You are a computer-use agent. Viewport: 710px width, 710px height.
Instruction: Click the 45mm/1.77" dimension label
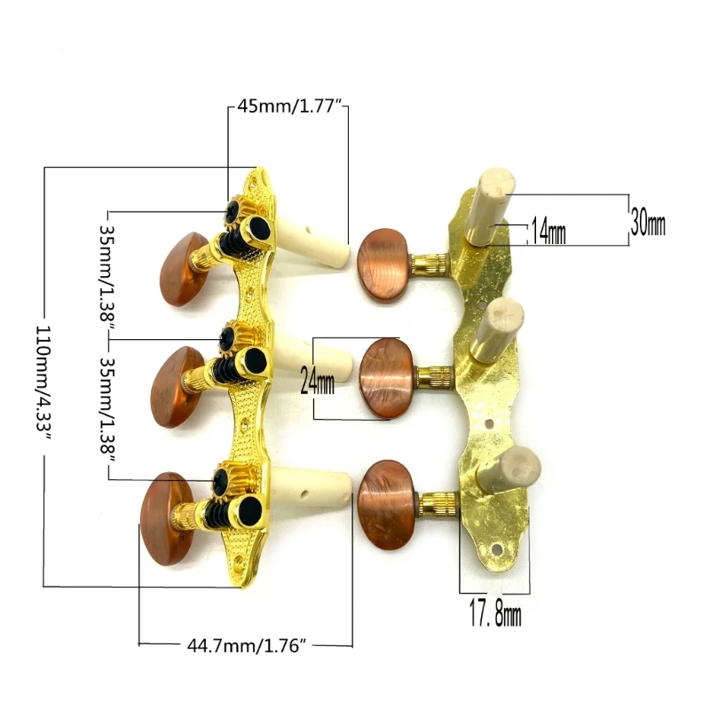[x=288, y=106]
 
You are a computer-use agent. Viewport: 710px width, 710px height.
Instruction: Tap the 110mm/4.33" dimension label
[x=44, y=383]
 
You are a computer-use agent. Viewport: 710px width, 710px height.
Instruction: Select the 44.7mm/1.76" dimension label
[x=248, y=645]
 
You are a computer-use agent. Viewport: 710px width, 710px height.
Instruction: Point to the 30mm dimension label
[x=648, y=222]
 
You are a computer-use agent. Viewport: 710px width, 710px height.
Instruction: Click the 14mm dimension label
[x=548, y=231]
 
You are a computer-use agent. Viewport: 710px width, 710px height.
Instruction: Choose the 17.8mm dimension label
[x=495, y=613]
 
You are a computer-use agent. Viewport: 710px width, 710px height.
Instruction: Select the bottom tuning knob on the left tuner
[x=168, y=519]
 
